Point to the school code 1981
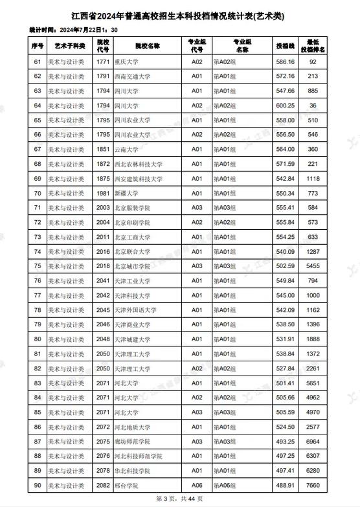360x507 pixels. coord(103,193)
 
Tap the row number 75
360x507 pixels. coord(38,266)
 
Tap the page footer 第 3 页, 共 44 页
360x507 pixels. coord(179,499)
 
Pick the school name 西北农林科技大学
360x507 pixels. coord(138,164)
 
